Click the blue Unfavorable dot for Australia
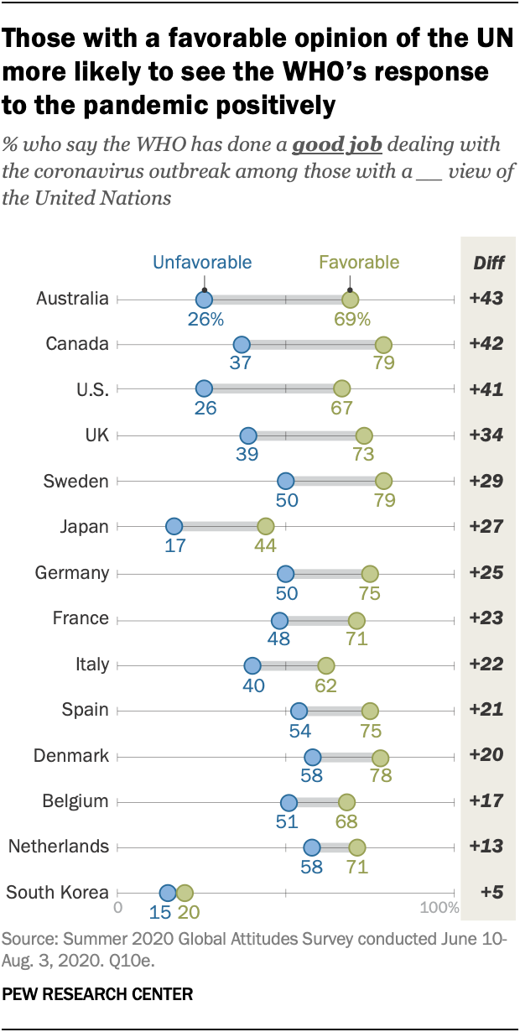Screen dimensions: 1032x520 [204, 299]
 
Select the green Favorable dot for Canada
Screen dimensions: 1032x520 [383, 344]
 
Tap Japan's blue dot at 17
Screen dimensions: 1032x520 [174, 527]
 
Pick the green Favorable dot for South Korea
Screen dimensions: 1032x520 [185, 893]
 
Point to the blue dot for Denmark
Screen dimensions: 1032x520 [312, 756]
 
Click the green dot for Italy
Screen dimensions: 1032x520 [326, 665]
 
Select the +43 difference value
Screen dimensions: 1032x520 [486, 299]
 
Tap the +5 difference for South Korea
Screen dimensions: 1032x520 [486, 893]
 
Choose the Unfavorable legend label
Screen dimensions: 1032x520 [202, 262]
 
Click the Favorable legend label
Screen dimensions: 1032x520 [359, 262]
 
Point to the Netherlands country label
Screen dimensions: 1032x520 [59, 847]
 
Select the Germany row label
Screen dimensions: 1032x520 [72, 573]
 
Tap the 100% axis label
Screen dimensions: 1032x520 [439, 909]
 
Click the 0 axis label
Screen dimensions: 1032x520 [118, 909]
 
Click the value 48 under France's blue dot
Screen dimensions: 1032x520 [278, 639]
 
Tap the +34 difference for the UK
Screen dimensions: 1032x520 [486, 435]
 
